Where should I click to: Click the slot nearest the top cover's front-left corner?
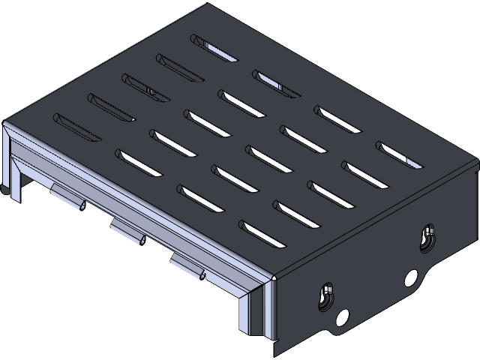76,126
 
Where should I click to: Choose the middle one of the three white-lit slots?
276,83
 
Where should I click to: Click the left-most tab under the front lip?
67,197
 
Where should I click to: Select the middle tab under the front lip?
127,232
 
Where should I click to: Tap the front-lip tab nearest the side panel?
188,266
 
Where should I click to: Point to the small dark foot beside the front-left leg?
7,193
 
